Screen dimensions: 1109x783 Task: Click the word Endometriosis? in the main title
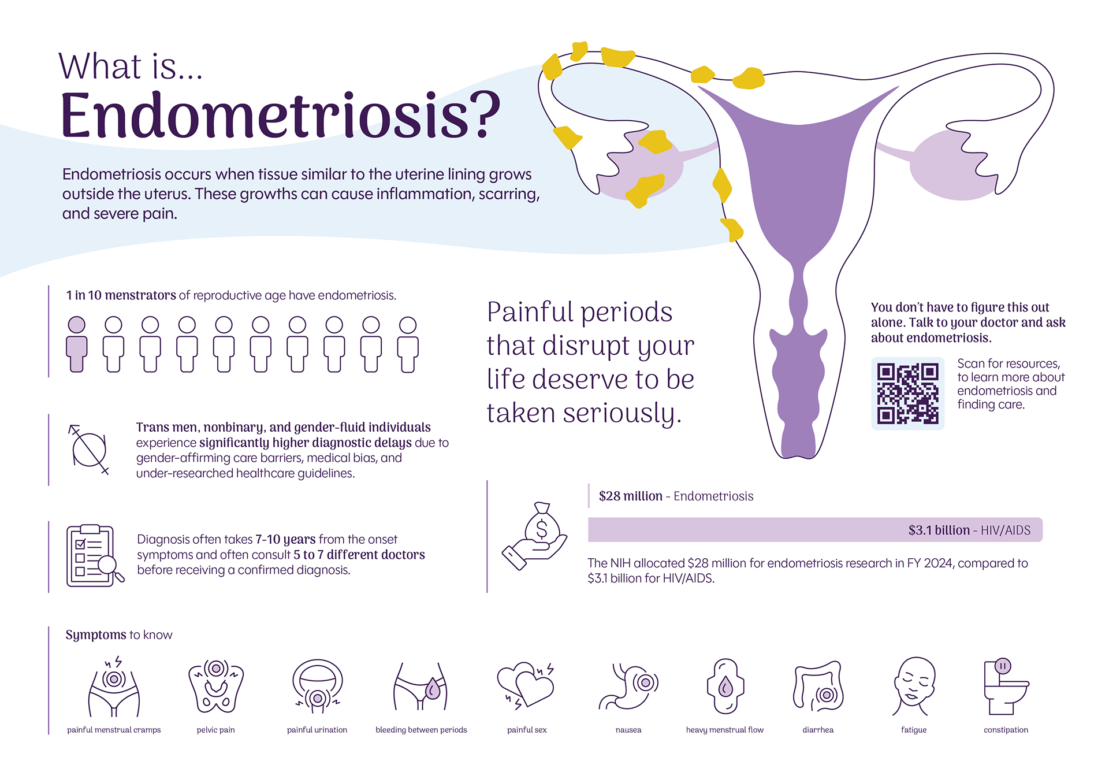coord(281,116)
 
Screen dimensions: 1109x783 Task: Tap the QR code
coord(907,394)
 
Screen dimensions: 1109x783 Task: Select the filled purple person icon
coord(77,344)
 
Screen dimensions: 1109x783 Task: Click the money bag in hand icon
coord(535,536)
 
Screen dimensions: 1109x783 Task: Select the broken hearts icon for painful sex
coord(526,685)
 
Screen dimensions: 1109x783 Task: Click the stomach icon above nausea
coord(628,686)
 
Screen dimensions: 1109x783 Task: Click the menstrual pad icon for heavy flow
coord(725,686)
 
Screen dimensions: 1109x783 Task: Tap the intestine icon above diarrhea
coord(818,686)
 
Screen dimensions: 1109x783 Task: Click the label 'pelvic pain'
coord(215,730)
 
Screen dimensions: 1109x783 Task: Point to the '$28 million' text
coord(630,496)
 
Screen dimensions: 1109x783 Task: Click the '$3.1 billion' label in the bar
coord(939,530)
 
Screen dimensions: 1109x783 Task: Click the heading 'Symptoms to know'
coord(119,635)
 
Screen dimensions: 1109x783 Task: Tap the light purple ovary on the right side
coord(947,165)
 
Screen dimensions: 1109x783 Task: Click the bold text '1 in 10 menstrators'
coord(121,295)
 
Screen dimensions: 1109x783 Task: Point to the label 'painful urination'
coord(317,730)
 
